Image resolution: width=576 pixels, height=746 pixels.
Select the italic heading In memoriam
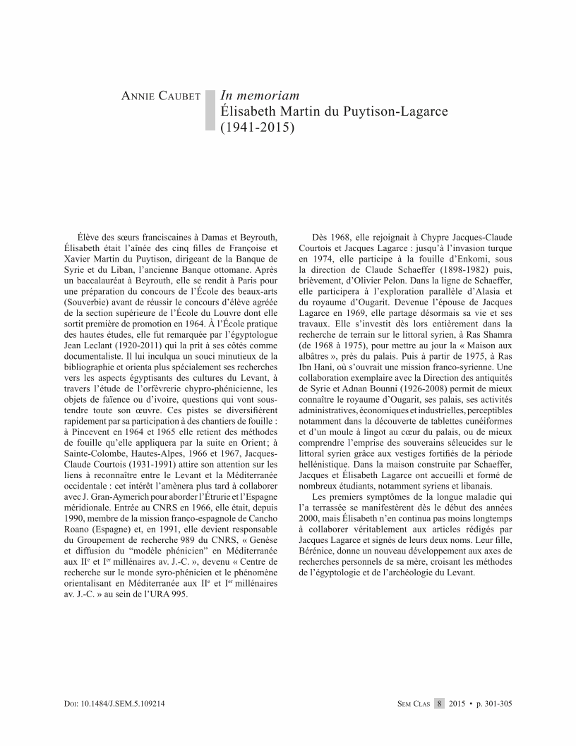[260, 95]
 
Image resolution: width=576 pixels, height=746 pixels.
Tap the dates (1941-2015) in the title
[256, 128]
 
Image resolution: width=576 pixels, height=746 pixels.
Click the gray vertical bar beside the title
[210, 110]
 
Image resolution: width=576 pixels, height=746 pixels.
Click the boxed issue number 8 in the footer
[440, 704]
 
